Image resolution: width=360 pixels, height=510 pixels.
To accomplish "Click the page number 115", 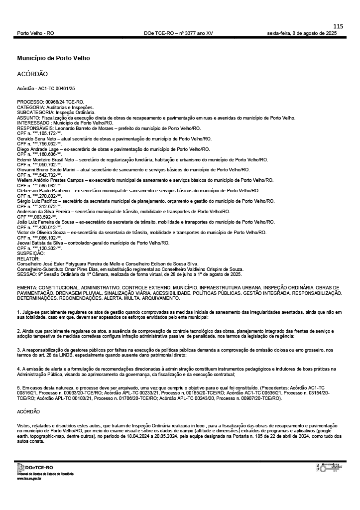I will coord(338,26).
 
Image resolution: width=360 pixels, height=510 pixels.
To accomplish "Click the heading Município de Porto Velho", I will coord(53,58).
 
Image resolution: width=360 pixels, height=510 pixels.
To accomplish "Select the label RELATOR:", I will coord(28,258).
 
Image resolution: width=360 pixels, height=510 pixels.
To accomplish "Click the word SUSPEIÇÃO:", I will coord(31,253).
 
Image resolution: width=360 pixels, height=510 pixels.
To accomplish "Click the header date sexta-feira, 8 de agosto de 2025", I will coord(302,33).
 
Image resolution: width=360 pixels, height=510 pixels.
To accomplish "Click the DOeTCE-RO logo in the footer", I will coord(35,467).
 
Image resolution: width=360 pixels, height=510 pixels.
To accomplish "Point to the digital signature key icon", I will coord(329,468).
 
